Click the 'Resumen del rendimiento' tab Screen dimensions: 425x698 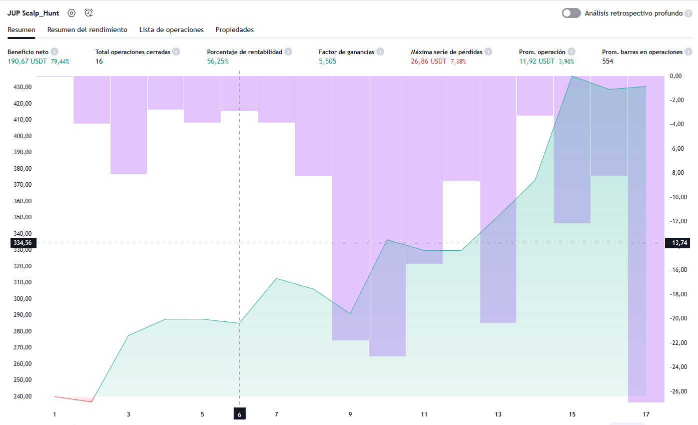pyautogui.click(x=87, y=30)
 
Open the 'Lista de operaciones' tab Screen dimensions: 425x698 pyautogui.click(x=171, y=30)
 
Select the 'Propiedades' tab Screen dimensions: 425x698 pyautogui.click(x=235, y=30)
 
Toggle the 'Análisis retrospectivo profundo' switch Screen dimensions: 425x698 pyautogui.click(x=571, y=13)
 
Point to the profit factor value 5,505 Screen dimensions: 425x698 pyautogui.click(x=327, y=61)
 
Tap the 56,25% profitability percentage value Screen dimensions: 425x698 pyautogui.click(x=218, y=61)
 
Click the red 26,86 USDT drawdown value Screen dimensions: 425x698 pyautogui.click(x=429, y=61)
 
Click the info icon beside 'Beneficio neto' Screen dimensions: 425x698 pyautogui.click(x=55, y=52)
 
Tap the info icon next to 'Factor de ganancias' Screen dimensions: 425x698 pyautogui.click(x=380, y=52)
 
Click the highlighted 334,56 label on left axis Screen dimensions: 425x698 pyautogui.click(x=22, y=243)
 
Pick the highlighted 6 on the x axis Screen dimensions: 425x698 pyautogui.click(x=240, y=414)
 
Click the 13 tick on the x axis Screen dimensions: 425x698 pyautogui.click(x=498, y=414)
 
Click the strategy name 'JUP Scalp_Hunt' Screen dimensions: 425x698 pyautogui.click(x=33, y=14)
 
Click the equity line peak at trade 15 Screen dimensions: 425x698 pyautogui.click(x=572, y=77)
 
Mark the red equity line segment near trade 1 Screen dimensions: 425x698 pyautogui.click(x=73, y=399)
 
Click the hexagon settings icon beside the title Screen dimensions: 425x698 pyautogui.click(x=72, y=14)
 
